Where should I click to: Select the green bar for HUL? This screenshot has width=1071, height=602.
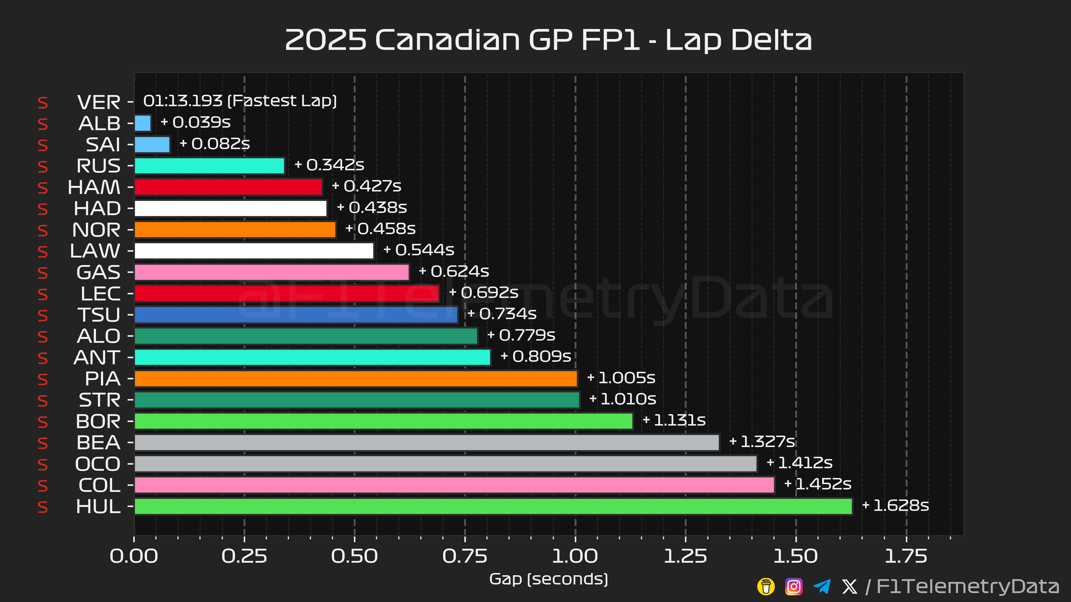click(x=493, y=506)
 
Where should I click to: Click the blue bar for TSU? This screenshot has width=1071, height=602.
click(x=296, y=314)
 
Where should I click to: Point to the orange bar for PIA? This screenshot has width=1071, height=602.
click(x=356, y=378)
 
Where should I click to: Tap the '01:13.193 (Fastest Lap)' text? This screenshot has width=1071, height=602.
click(x=240, y=101)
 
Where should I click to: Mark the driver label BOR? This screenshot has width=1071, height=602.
click(x=98, y=421)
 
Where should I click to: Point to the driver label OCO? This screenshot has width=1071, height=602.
click(x=98, y=464)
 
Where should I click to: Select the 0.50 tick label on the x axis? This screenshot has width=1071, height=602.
click(x=354, y=556)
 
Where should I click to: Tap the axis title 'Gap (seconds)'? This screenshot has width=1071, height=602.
click(x=548, y=579)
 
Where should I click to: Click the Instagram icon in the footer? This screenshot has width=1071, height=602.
click(x=793, y=587)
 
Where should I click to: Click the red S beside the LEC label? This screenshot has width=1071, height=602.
click(x=42, y=294)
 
